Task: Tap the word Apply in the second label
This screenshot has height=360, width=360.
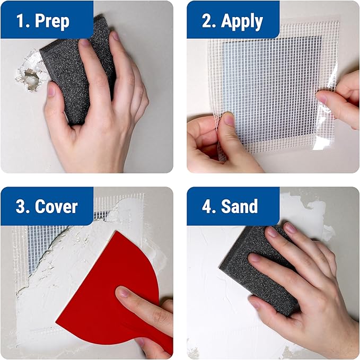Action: click(242, 21)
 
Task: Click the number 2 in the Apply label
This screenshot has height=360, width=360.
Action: click(206, 21)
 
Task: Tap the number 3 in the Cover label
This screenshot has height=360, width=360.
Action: click(21, 206)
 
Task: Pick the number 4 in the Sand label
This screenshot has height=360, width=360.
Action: click(207, 206)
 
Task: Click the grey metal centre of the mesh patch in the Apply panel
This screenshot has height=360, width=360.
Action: click(270, 85)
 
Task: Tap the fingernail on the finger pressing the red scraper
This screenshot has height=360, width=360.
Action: click(123, 292)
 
